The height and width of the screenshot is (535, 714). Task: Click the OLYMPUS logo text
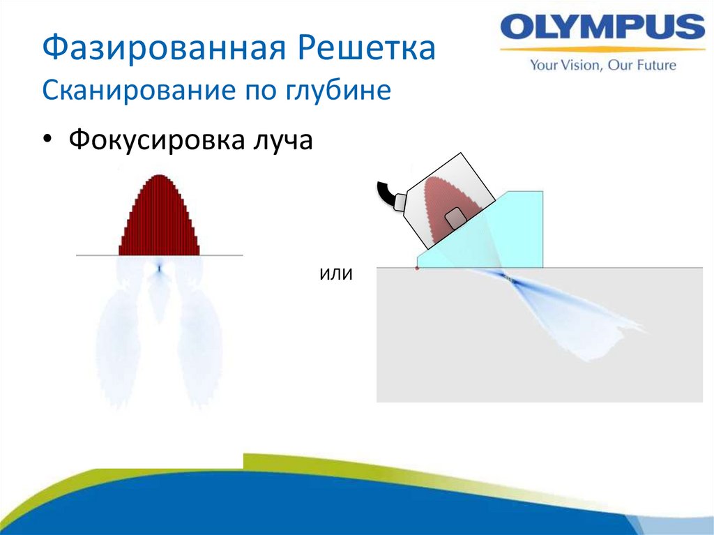pyautogui.click(x=602, y=29)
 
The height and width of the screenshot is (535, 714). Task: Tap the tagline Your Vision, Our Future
pyautogui.click(x=603, y=66)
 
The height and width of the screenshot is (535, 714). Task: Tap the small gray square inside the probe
pyautogui.click(x=455, y=217)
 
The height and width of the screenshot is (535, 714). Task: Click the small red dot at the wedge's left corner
pyautogui.click(x=417, y=268)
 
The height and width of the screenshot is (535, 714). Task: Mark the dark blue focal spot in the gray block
pyautogui.click(x=508, y=278)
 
